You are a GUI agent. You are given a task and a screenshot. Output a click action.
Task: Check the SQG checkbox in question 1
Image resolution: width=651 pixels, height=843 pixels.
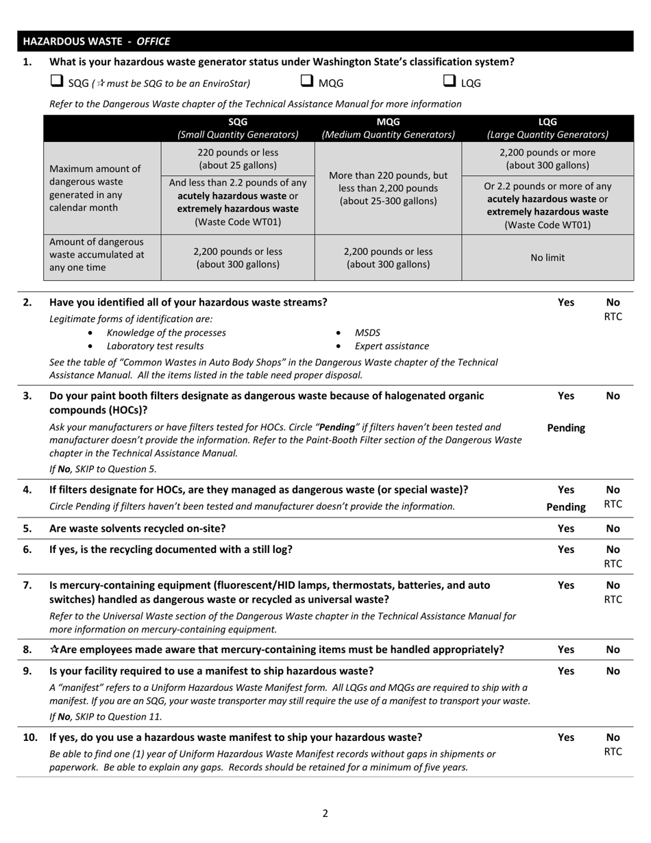[56, 82]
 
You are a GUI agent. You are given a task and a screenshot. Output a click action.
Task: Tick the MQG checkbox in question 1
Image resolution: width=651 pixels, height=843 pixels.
[307, 82]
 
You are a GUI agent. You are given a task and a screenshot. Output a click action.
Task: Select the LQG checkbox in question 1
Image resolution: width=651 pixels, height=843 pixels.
[450, 82]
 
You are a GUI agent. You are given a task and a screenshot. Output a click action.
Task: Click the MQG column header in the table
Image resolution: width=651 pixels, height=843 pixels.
[388, 128]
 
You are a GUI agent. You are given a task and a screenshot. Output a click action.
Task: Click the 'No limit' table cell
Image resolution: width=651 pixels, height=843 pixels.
[548, 258]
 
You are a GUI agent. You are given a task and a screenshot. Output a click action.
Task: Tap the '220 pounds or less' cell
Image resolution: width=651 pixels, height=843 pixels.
[238, 158]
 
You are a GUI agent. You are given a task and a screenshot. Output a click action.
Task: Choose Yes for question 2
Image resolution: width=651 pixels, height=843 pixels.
[566, 302]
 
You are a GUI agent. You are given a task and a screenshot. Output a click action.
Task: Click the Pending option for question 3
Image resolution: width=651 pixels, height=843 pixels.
[566, 428]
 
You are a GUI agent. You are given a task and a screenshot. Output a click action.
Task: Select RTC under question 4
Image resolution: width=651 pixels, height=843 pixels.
[613, 504]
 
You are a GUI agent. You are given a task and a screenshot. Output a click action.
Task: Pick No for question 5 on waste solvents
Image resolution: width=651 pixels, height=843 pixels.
[613, 528]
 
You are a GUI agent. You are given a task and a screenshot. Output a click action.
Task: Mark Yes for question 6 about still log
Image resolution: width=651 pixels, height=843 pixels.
[566, 550]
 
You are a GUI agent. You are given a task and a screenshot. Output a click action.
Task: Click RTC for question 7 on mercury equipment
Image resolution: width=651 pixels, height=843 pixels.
[613, 600]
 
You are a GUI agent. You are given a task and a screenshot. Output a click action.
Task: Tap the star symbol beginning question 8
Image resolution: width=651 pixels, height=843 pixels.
[54, 650]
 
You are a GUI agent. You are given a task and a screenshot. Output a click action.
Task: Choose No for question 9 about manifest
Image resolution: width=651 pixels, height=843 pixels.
[613, 671]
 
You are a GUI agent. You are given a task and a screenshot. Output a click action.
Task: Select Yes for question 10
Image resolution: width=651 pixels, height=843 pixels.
[566, 737]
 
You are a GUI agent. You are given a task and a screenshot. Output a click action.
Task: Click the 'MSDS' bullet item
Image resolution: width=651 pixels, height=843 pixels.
[367, 332]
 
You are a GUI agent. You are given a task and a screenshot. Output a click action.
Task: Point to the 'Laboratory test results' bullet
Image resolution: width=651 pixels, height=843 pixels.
[155, 346]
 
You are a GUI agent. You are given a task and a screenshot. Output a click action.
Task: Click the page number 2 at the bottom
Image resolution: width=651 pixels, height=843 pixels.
[325, 814]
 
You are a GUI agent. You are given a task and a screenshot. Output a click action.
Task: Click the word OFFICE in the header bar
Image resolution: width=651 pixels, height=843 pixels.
[153, 41]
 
